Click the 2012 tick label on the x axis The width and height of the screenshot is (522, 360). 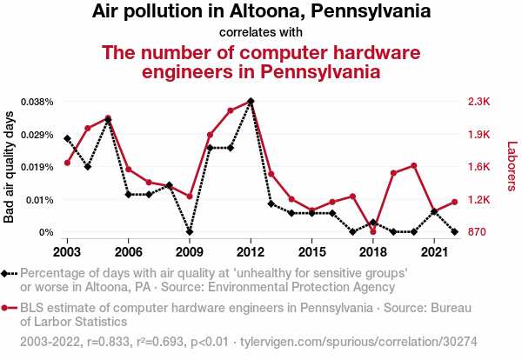(251, 251)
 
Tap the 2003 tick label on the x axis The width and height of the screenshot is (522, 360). (67, 251)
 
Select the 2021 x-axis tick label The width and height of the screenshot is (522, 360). (433, 251)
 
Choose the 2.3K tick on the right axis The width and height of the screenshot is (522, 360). (479, 102)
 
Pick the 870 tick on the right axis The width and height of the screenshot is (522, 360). (478, 232)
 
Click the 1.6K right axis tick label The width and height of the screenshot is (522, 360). (479, 167)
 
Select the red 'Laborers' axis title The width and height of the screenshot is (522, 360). (512, 167)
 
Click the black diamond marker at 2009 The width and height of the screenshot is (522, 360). (190, 232)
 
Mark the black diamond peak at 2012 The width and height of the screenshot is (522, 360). (251, 101)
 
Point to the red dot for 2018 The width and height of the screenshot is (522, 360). (372, 231)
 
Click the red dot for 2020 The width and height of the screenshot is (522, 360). (413, 165)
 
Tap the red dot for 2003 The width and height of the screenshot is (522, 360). (67, 163)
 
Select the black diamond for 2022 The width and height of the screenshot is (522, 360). (454, 232)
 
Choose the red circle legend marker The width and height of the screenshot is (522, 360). (7, 308)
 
